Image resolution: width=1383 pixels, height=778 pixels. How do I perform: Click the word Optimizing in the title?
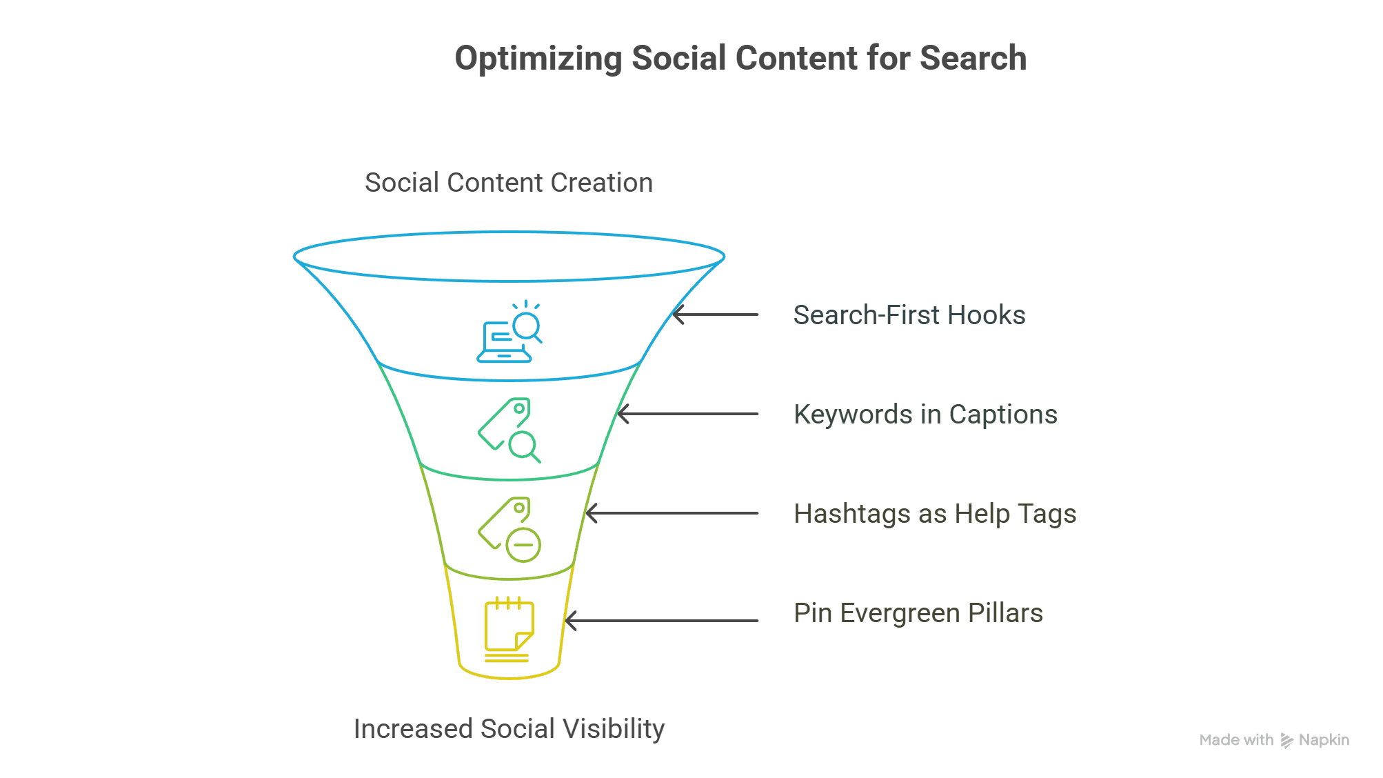coord(538,59)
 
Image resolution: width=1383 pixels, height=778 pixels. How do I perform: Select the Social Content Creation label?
coord(508,183)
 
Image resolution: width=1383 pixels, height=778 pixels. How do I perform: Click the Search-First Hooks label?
coord(909,315)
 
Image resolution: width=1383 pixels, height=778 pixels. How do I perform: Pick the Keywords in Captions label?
coord(925,415)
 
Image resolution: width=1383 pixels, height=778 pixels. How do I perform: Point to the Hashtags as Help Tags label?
coord(934,514)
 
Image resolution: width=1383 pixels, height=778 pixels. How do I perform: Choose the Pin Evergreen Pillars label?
coord(918,613)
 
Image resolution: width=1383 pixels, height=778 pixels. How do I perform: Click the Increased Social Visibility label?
coord(508,729)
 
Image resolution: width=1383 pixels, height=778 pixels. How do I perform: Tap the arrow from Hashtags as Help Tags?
coord(672,513)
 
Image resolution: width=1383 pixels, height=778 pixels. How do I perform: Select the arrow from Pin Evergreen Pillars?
coord(662,621)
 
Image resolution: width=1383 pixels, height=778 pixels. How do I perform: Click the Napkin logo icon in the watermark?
coord(1286,740)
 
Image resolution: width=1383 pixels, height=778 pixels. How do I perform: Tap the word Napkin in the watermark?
coord(1324,740)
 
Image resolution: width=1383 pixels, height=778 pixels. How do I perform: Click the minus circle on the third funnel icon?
coord(523,545)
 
